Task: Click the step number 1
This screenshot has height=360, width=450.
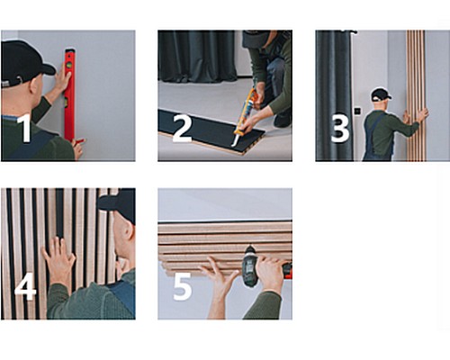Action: [25, 128]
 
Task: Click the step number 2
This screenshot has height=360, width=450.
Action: [182, 129]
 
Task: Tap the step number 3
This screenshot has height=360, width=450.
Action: [340, 129]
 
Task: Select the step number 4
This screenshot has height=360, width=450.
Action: [25, 286]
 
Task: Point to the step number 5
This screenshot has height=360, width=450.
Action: [183, 286]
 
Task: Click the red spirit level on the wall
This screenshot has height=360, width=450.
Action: [69, 94]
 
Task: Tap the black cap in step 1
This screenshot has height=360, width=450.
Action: [24, 62]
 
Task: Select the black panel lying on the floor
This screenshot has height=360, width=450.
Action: [211, 132]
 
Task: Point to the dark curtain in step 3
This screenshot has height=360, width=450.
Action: [334, 95]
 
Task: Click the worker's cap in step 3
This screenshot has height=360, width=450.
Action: [381, 94]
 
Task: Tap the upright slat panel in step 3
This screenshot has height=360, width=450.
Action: [416, 95]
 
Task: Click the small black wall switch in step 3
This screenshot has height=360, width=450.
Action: [357, 111]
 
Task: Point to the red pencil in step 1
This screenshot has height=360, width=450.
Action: [79, 140]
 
